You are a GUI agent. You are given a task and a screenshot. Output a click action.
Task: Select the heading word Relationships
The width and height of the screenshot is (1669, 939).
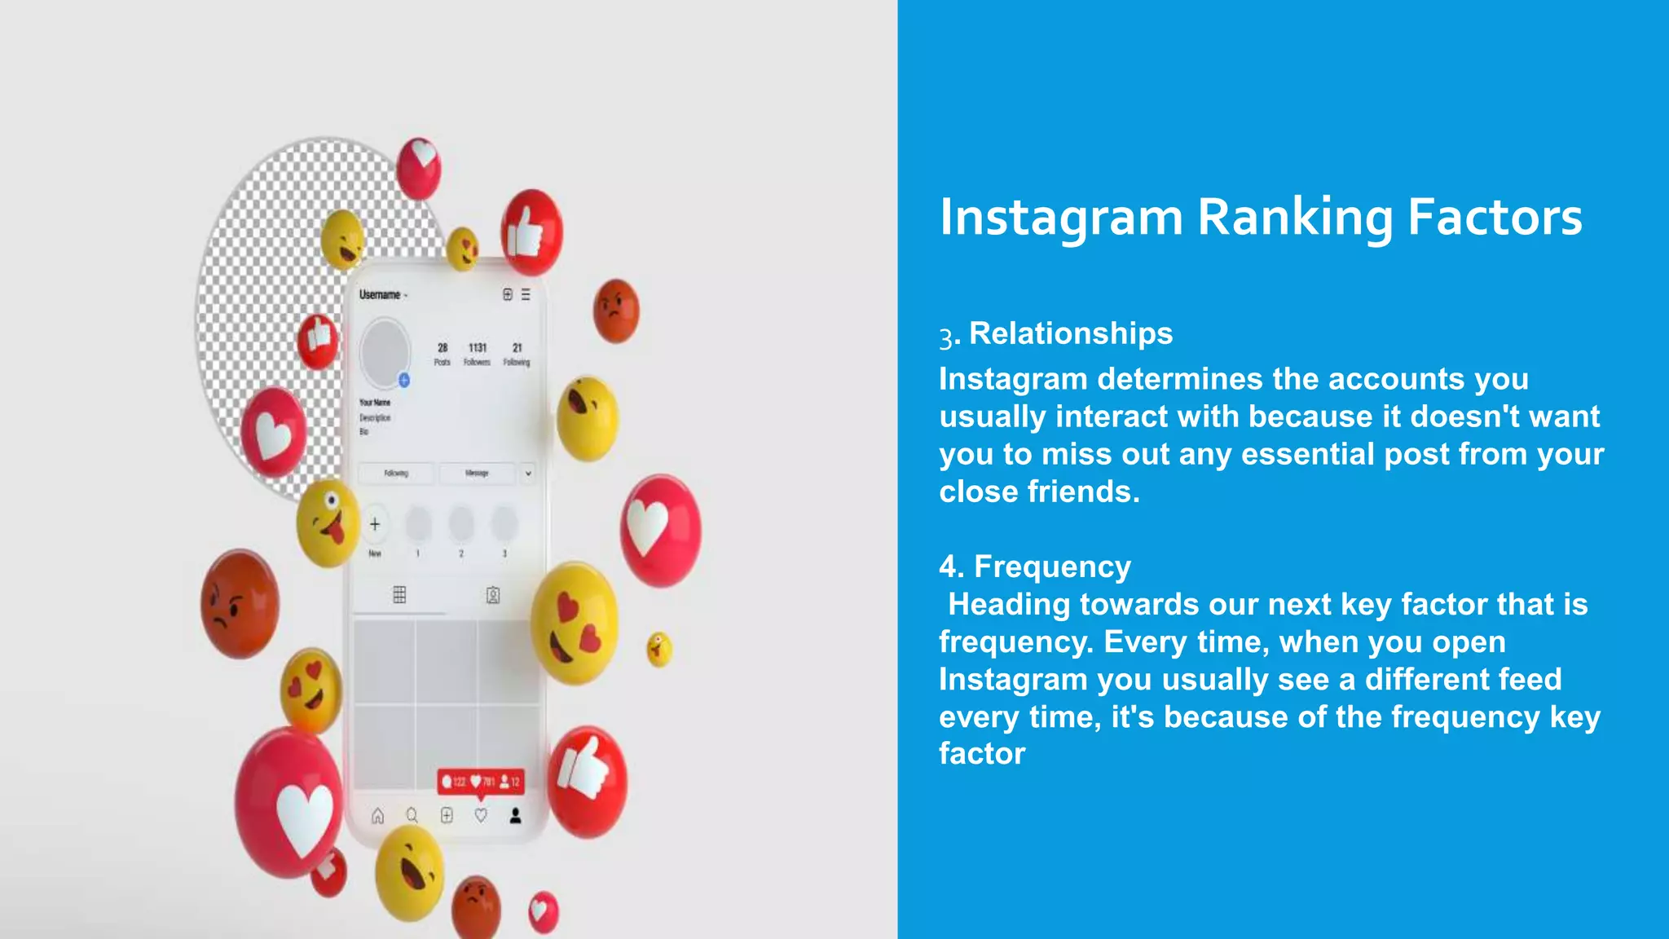(1071, 333)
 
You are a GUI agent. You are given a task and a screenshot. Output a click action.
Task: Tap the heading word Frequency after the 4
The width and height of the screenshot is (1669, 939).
(1052, 566)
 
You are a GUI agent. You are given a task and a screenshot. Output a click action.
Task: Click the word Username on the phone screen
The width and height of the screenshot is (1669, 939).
(380, 295)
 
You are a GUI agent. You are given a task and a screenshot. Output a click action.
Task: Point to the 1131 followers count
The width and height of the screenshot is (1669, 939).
(478, 348)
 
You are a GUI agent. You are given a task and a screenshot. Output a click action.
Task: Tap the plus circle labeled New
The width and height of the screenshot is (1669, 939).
(375, 524)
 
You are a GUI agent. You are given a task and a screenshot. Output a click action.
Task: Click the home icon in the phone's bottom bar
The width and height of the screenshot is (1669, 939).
(378, 816)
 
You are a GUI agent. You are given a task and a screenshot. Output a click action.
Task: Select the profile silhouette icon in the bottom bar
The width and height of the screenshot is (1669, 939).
(515, 816)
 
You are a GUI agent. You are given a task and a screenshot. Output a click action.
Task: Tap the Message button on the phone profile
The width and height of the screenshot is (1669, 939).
(477, 473)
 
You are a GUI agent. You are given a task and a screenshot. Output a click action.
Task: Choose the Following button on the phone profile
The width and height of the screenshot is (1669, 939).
(396, 473)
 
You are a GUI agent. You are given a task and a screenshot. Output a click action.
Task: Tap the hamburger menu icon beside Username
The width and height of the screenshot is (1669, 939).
(526, 294)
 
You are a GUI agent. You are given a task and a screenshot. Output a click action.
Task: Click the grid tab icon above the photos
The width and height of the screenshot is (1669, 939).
(399, 594)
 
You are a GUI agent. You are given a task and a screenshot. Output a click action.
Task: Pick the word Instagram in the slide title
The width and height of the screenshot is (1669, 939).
(1060, 218)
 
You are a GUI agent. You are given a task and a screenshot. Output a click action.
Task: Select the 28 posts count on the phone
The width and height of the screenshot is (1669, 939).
(443, 348)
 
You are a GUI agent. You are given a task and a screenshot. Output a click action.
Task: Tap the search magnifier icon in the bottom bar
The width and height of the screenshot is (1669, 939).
(412, 816)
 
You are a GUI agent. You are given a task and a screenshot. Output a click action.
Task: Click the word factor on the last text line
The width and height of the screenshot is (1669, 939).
(982, 754)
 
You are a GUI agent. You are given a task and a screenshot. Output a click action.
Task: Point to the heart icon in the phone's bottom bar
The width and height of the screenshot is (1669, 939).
(481, 816)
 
